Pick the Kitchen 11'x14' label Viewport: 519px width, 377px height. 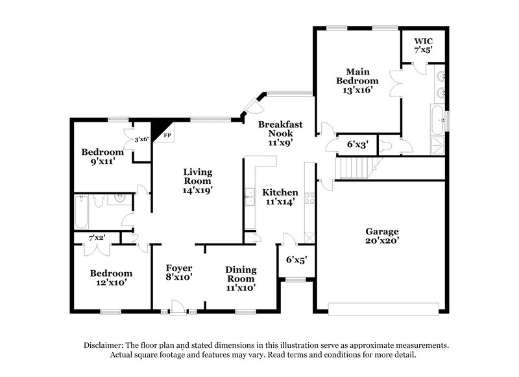[280, 197]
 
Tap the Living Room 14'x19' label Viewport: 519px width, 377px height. [198, 181]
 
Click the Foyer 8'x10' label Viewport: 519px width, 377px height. [178, 272]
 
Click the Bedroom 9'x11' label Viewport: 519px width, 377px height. [102, 157]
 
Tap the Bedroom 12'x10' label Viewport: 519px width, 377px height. [111, 278]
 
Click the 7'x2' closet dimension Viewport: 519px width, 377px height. [97, 238]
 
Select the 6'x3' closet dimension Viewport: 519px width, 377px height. [357, 145]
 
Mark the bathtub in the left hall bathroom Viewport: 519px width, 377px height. [81, 212]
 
